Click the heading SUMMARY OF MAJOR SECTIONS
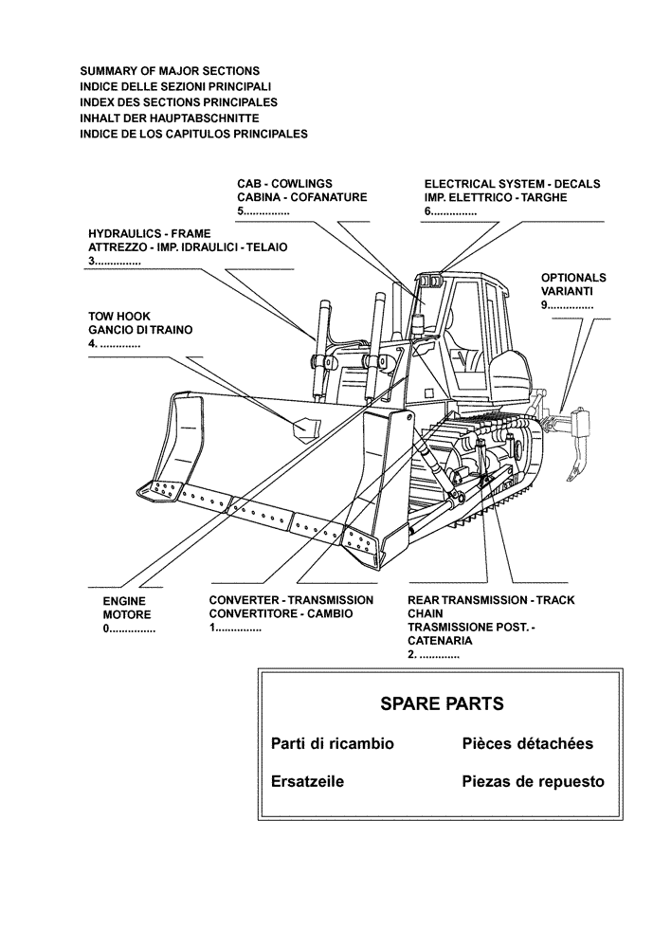point(170,71)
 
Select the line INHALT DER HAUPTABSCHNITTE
point(170,118)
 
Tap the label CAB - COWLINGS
point(284,183)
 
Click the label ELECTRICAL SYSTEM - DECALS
point(512,183)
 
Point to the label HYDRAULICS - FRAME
point(150,232)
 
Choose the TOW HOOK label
point(119,316)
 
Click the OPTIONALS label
point(573,278)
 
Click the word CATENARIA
point(440,641)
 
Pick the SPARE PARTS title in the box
point(441,703)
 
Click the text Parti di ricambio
point(332,743)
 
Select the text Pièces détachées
point(528,743)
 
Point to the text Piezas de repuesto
point(533,782)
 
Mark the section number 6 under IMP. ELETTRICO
point(428,211)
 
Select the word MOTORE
point(127,614)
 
